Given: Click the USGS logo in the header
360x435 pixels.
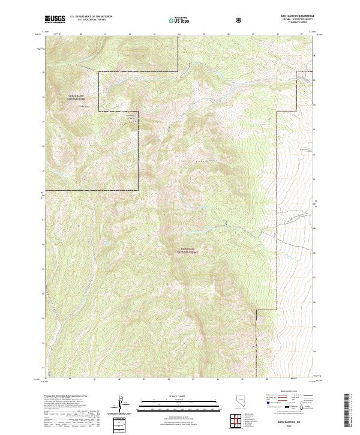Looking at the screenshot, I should (x=55, y=20).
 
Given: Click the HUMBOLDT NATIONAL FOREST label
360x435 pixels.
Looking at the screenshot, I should (x=188, y=251).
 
